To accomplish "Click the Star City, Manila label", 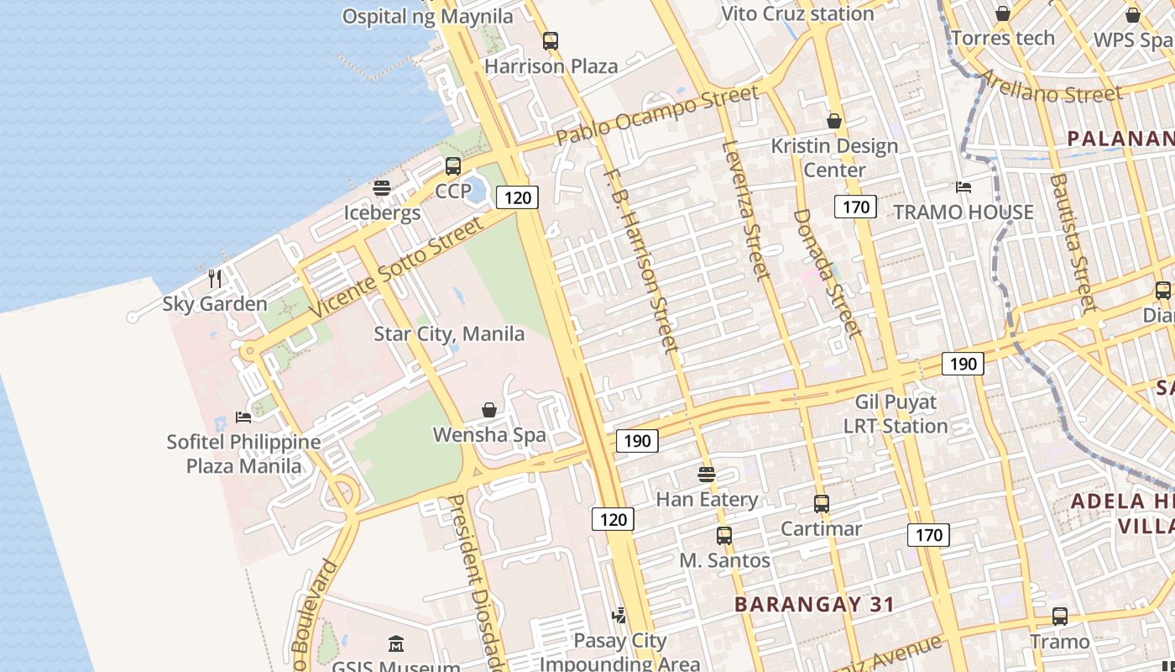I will click(449, 333).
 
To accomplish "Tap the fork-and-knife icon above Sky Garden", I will click(215, 278).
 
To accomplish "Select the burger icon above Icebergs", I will click(382, 188).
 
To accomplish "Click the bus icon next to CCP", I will click(453, 166).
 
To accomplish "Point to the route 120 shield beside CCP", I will click(517, 197).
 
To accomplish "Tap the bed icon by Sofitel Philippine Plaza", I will click(243, 417).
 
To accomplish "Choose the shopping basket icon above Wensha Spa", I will click(489, 410).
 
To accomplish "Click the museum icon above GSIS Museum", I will click(396, 644).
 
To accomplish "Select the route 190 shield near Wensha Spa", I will click(637, 441).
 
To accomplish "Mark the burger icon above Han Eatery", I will click(707, 475).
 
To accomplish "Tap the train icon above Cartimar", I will click(822, 504).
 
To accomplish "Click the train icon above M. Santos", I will click(724, 536).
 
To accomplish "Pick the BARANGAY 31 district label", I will click(814, 604).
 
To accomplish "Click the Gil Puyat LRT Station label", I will click(896, 414).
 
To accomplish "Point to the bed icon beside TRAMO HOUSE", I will click(963, 186).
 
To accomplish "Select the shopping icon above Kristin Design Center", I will click(834, 122).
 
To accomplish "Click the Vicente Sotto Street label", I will click(398, 267).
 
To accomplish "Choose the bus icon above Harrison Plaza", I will click(551, 40).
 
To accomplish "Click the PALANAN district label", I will click(1120, 139).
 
